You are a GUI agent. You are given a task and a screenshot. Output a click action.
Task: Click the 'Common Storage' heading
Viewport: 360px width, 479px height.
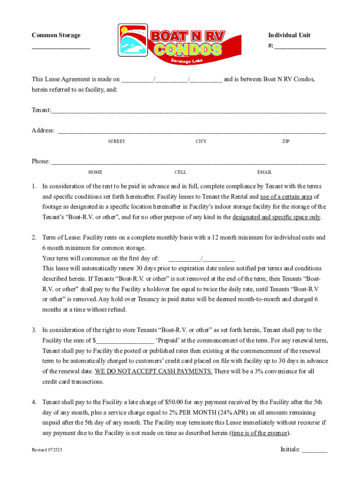coord(56,36)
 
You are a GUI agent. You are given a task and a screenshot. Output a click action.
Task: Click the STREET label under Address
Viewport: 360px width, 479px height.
coord(116,141)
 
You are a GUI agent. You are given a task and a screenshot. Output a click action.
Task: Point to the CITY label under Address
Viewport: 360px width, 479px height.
coord(201,141)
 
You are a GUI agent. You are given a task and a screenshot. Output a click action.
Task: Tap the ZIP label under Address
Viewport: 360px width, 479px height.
coord(286,141)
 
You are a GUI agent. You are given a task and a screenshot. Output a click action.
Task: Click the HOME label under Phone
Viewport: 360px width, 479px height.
coord(95,172)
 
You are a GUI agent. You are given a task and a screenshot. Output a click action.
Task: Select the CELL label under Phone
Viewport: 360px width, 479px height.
coord(180,172)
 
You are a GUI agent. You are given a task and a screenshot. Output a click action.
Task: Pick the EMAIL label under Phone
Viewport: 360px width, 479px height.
coord(264,172)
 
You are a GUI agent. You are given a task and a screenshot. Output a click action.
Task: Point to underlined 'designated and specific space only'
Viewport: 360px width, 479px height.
coord(276,217)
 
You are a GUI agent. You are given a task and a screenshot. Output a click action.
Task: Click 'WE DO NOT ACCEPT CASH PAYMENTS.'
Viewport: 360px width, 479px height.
coord(154,371)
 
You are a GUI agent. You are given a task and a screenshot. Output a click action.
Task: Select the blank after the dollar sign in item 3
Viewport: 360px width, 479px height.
coord(125,341)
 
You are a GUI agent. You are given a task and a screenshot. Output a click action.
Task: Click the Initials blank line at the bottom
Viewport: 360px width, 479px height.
coord(315,451)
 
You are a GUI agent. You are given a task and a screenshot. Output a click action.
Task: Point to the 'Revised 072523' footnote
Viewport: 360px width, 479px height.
coord(47,450)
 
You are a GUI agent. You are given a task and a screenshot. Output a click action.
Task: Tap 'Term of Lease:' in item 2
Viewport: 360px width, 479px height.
coord(61,238)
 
